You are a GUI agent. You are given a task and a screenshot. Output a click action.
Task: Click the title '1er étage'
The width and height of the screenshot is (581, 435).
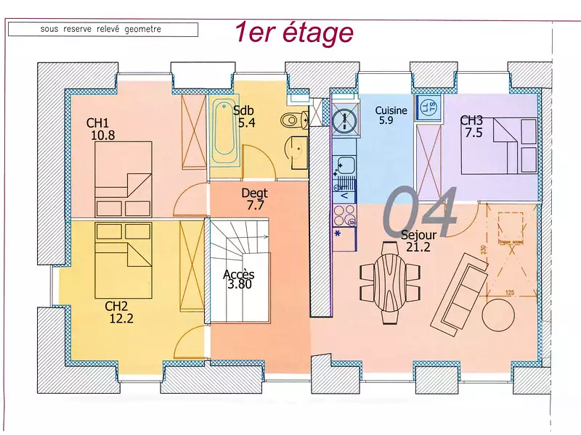293,33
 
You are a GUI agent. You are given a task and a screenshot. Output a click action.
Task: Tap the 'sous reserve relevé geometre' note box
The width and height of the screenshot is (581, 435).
102,30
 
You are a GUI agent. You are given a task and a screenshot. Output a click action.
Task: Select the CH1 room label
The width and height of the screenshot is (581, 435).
97,123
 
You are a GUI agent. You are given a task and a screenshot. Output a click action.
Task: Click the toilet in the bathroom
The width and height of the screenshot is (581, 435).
294,120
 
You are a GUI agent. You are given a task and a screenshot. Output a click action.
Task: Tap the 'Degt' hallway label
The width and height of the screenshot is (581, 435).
254,194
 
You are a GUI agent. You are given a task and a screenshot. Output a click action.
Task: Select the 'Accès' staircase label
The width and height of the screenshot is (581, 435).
239,274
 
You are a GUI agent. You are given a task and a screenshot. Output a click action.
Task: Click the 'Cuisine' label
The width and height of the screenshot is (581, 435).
391,110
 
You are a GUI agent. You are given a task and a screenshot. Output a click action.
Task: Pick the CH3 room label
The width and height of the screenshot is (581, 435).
471,120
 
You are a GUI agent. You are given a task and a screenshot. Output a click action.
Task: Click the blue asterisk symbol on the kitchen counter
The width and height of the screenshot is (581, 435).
338,233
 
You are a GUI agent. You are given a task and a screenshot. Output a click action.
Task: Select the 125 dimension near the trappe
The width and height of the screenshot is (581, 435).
509,292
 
